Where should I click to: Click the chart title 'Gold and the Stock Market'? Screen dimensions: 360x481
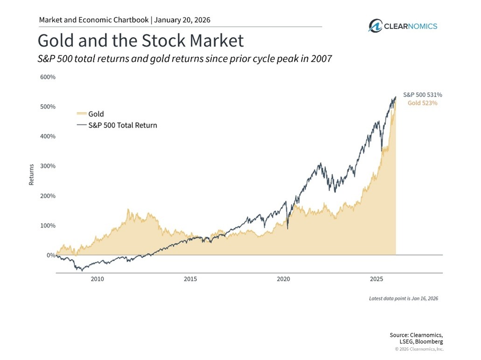[140, 41]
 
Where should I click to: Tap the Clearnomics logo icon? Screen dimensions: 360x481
[375, 26]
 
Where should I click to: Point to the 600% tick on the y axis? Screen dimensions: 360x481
[47, 77]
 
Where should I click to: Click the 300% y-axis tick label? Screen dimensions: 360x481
[47, 166]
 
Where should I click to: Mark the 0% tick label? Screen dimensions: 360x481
[50, 255]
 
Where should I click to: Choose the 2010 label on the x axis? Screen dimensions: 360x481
[97, 279]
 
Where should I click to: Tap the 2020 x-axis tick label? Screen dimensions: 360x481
[283, 279]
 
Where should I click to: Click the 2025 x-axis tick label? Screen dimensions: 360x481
[376, 279]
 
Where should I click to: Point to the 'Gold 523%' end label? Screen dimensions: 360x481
[423, 103]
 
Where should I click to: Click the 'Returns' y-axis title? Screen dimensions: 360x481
[32, 174]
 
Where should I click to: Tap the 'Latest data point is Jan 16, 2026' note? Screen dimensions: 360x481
[403, 298]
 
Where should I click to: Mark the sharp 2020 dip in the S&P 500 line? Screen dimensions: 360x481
[287, 228]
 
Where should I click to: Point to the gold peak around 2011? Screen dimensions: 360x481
[128, 210]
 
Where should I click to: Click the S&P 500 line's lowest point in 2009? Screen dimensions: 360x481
[82, 270]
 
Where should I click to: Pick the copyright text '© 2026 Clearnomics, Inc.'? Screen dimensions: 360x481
[419, 349]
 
